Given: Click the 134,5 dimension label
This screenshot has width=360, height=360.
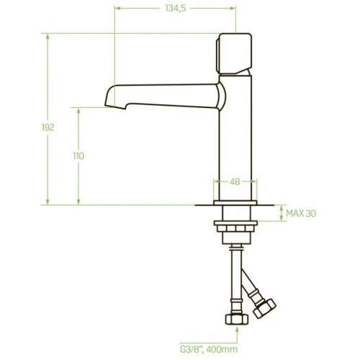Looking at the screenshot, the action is point(176,9).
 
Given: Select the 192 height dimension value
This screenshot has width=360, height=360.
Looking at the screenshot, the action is point(48,127).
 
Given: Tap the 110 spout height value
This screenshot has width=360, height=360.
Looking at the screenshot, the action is point(78,156).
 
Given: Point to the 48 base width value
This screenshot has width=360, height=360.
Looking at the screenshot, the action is point(235,181).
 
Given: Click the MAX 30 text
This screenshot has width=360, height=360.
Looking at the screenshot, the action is point(301,213).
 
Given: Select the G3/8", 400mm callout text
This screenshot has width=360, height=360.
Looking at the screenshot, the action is point(209,349).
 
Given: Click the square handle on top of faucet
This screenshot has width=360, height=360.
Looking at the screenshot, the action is point(234,53).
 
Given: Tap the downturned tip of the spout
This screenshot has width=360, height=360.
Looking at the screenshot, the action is point(115,106).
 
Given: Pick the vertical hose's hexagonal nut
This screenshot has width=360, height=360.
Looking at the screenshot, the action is point(237,319).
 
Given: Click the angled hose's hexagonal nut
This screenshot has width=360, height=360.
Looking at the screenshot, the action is point(265,308).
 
